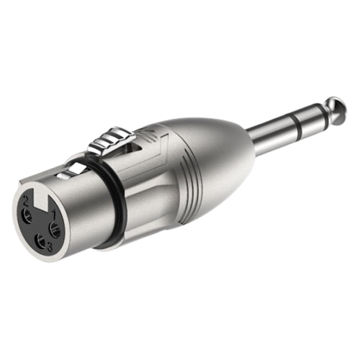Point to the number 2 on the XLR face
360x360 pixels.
pos(26,201)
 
